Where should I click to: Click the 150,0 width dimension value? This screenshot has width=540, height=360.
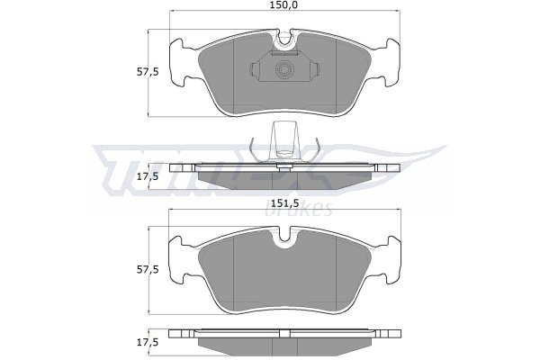tap(284, 5)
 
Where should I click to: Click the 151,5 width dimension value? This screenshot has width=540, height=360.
tap(284, 202)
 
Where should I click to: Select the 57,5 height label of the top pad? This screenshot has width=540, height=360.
tap(148, 72)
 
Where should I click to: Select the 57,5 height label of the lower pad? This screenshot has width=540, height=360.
tap(148, 269)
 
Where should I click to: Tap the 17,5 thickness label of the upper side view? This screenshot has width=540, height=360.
tap(148, 176)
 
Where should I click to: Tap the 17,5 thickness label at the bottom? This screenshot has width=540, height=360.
tap(148, 342)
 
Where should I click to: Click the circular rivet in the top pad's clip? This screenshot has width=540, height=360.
tap(284, 69)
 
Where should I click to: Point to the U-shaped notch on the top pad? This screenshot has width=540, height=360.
tap(284, 38)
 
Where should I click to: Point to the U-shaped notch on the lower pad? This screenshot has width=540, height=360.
tap(284, 237)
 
